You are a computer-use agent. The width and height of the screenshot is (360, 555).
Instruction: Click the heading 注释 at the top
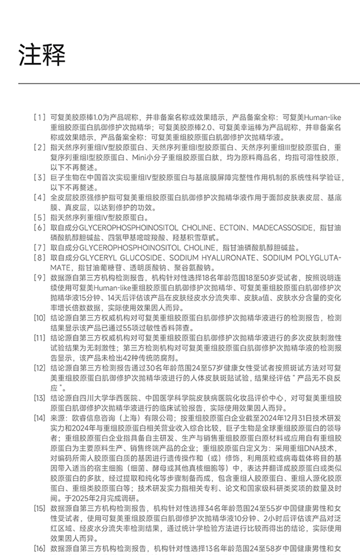pyautogui.click(x=42, y=54)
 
